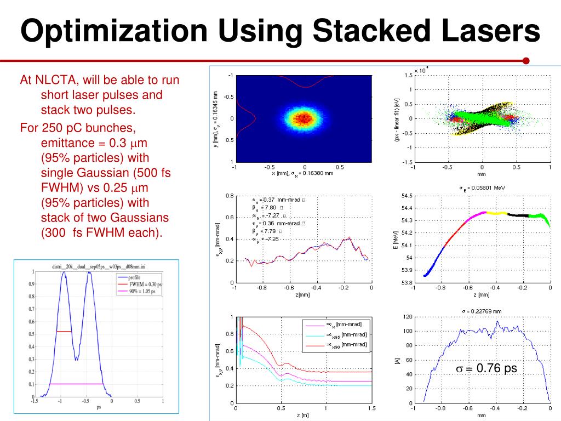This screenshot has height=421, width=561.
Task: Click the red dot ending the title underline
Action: (526, 61)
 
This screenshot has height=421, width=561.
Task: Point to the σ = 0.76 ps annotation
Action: (486, 368)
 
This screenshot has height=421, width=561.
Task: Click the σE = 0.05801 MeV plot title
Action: (482, 188)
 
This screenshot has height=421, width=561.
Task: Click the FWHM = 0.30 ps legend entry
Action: (145, 285)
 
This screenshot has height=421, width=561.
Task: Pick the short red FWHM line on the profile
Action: (64, 331)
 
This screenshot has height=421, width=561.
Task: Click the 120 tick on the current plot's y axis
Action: (407, 317)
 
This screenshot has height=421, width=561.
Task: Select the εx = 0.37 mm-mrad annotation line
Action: (277, 200)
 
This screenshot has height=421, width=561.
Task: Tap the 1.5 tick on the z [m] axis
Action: (371, 408)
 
